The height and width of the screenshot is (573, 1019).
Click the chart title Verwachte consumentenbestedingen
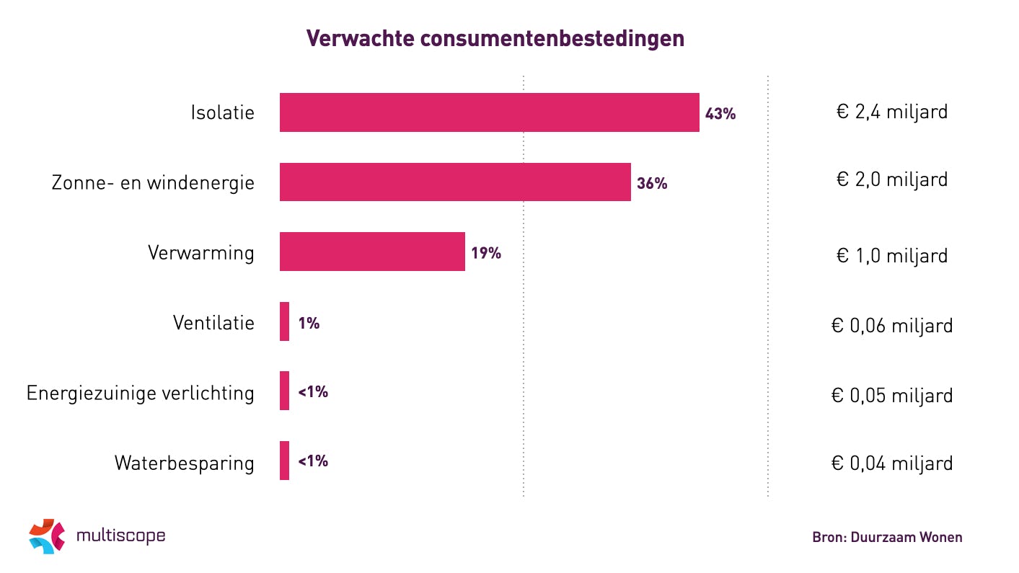click(495, 39)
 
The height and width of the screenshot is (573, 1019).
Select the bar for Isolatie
click(489, 112)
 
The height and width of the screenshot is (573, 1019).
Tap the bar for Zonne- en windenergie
click(455, 182)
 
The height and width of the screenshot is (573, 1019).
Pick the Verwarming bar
click(372, 252)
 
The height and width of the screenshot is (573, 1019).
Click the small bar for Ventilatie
click(284, 321)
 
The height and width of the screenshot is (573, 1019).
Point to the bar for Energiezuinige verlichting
click(284, 391)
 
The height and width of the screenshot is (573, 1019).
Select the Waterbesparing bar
click(284, 461)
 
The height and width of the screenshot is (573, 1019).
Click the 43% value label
click(720, 114)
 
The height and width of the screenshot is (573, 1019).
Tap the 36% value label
click(652, 184)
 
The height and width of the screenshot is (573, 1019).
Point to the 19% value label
click(485, 253)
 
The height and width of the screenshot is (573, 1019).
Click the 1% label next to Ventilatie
click(309, 323)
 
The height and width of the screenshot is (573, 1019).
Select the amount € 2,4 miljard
click(891, 112)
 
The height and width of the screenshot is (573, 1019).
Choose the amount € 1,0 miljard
click(891, 255)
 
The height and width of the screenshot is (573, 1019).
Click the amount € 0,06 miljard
click(891, 326)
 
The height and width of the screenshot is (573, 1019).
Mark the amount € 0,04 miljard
click(891, 463)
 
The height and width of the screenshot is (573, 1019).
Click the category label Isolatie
click(222, 112)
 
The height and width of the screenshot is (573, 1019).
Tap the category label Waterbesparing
click(184, 463)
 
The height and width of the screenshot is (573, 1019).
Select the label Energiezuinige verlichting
click(141, 394)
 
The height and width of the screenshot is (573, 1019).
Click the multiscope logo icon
click(47, 536)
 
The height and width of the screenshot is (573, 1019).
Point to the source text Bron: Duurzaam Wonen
click(887, 537)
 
